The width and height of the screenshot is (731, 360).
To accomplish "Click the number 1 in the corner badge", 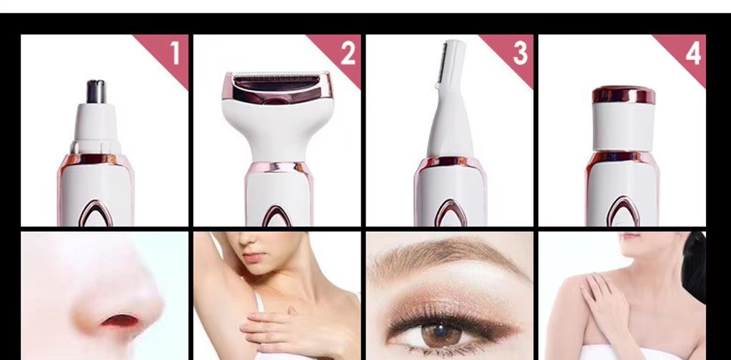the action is [x=175, y=53].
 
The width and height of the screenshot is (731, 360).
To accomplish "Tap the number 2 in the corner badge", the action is [x=348, y=53].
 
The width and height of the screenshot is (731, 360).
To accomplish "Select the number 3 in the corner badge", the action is [x=520, y=53].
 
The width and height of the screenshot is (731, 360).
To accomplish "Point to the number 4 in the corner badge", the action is [x=693, y=53].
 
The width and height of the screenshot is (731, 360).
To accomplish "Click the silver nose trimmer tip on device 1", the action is [x=96, y=91].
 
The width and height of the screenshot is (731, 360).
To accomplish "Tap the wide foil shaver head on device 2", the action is [x=278, y=88].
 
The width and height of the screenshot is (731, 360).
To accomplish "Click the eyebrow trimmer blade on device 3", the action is [x=443, y=64].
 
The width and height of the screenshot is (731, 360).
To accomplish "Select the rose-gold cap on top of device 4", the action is [x=623, y=95].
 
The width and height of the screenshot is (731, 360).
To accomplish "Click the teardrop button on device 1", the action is [x=96, y=214].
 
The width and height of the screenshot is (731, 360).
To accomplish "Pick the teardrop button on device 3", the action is [x=450, y=213].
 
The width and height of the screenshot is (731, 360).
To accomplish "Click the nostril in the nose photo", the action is [x=120, y=321].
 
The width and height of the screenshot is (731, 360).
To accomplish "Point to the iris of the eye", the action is [x=441, y=335].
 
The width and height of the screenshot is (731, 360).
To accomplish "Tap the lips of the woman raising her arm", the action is [x=255, y=257].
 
